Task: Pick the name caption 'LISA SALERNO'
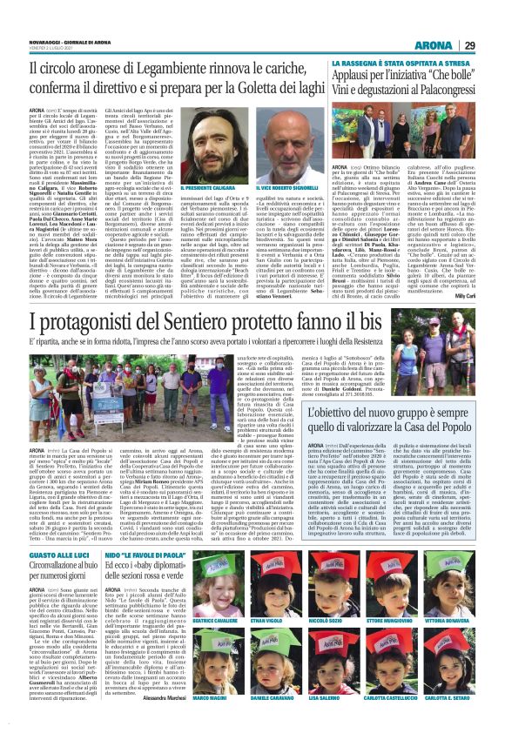[348, 723]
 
